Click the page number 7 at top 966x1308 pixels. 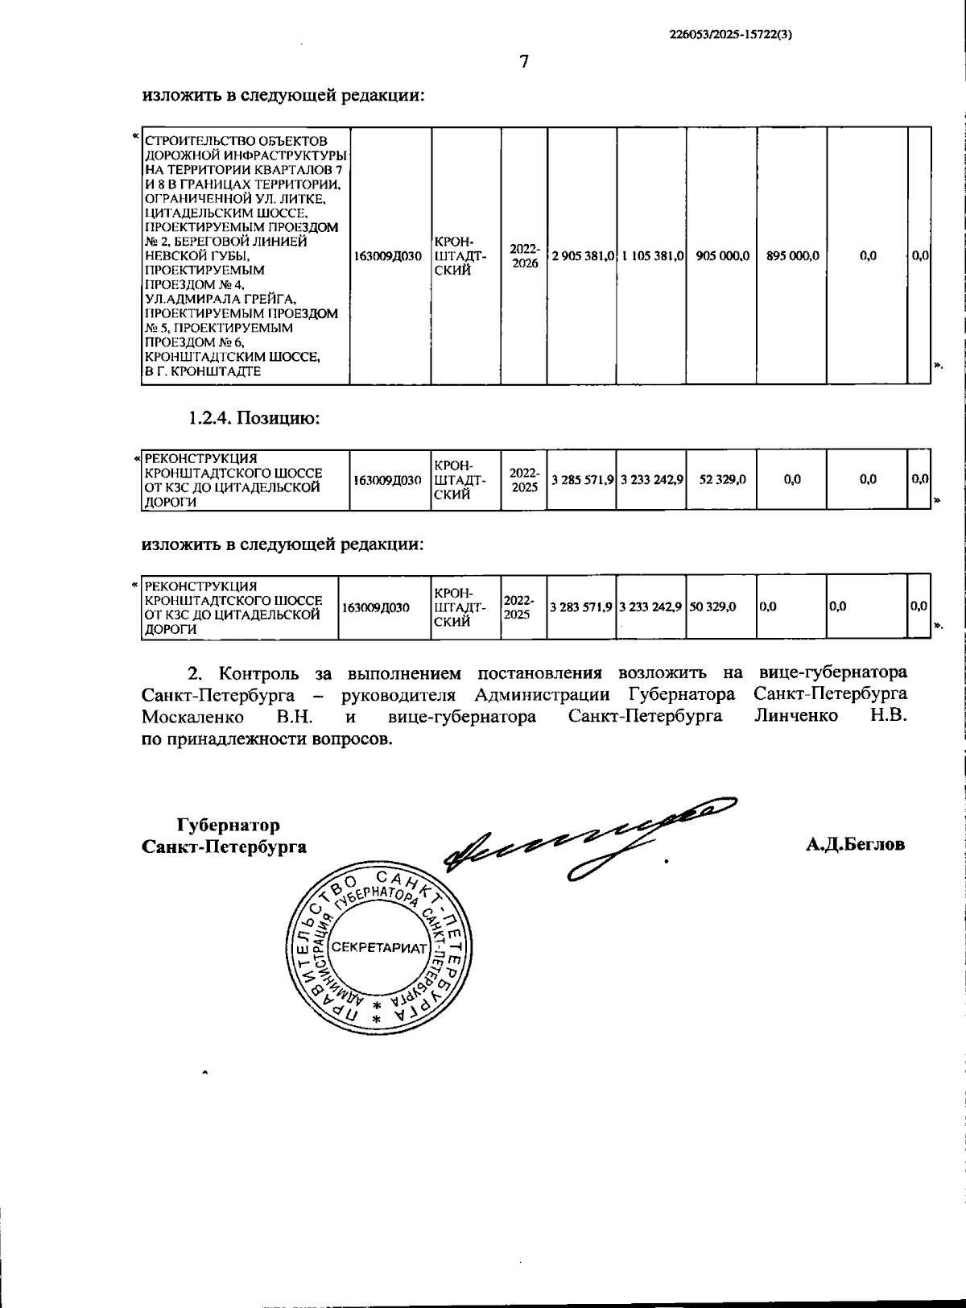tap(524, 62)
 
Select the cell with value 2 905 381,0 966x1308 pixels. tap(583, 255)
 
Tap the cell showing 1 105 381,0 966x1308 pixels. tap(652, 255)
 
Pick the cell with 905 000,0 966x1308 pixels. tap(723, 255)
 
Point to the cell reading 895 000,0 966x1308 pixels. tap(793, 255)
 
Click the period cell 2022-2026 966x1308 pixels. tap(525, 255)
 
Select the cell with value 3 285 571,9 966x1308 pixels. tap(583, 480)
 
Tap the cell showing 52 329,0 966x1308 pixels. tap(723, 480)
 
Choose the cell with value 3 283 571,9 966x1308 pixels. tap(581, 606)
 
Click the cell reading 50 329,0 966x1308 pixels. tap(712, 606)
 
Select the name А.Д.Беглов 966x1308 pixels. tap(855, 844)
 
